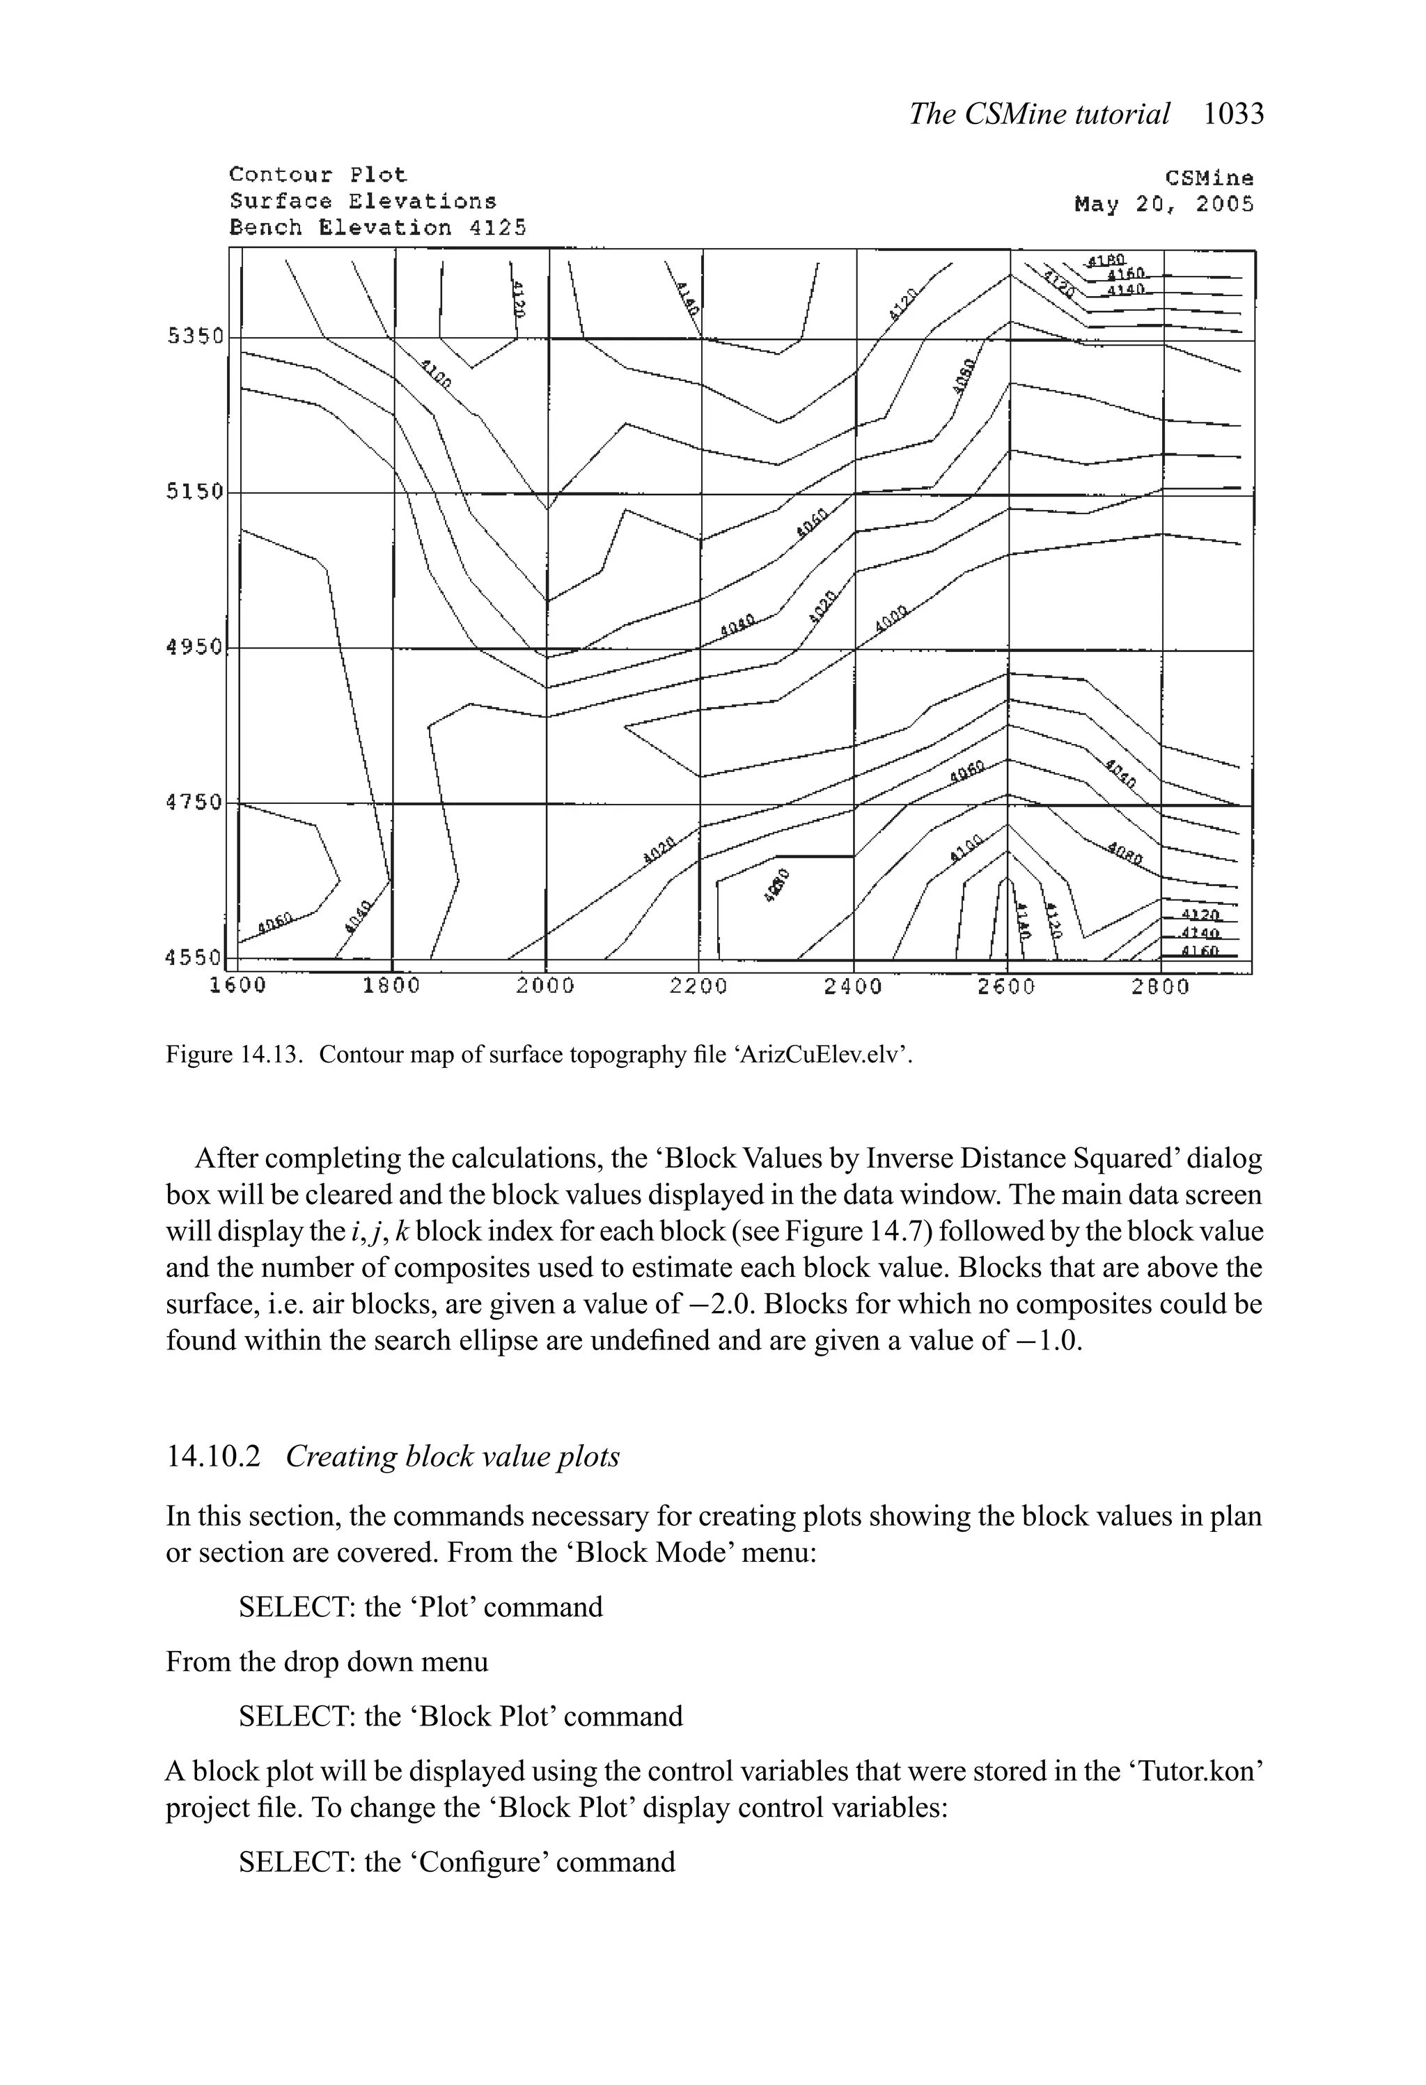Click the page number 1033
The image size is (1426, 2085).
click(x=1233, y=114)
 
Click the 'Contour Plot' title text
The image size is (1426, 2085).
click(x=318, y=174)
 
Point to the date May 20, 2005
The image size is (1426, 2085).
click(x=1163, y=205)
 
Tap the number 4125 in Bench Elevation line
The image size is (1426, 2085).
click(x=498, y=228)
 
